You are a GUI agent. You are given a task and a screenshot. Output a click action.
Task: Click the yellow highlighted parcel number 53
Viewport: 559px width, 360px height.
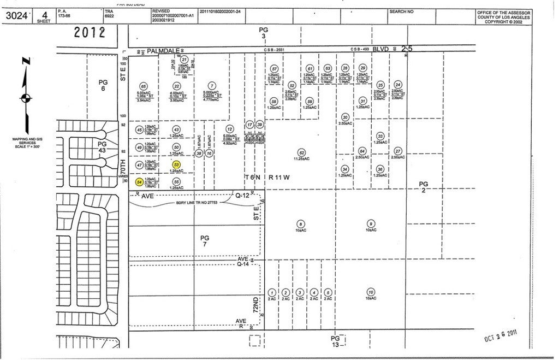click(x=176, y=164)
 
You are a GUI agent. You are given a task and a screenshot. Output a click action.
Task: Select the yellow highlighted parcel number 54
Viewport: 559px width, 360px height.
click(x=140, y=181)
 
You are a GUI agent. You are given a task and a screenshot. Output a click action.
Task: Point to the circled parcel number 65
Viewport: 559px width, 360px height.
click(x=144, y=86)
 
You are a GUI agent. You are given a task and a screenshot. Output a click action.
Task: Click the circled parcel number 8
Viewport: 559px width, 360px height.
click(x=300, y=223)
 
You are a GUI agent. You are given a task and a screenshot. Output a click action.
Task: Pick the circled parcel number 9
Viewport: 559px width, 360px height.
click(x=371, y=223)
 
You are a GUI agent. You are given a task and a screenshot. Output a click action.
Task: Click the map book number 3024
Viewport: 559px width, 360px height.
click(x=17, y=15)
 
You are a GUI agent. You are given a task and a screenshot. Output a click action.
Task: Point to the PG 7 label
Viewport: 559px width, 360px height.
click(x=205, y=241)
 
